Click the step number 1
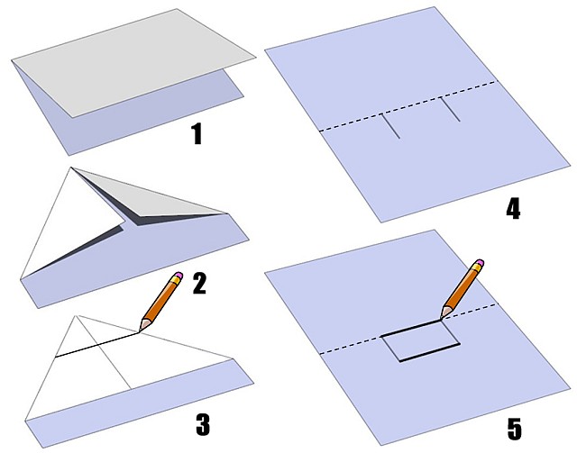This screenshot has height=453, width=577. (x=197, y=134)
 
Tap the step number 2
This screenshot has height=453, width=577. (x=199, y=284)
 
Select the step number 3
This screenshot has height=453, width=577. (x=203, y=425)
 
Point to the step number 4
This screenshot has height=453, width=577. (x=513, y=210)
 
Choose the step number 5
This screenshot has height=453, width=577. (x=515, y=429)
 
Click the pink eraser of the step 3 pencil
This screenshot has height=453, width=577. (x=179, y=275)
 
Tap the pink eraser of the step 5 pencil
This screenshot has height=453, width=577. (x=480, y=262)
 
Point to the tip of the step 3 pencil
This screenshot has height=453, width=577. (x=139, y=331)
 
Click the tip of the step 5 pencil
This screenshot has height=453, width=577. (x=441, y=319)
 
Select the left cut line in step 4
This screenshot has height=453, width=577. (x=390, y=126)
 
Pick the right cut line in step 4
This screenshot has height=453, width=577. (x=450, y=109)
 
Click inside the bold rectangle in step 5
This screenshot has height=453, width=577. (x=420, y=340)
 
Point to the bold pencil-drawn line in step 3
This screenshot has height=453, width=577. (x=97, y=345)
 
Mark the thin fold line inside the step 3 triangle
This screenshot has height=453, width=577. (x=105, y=352)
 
